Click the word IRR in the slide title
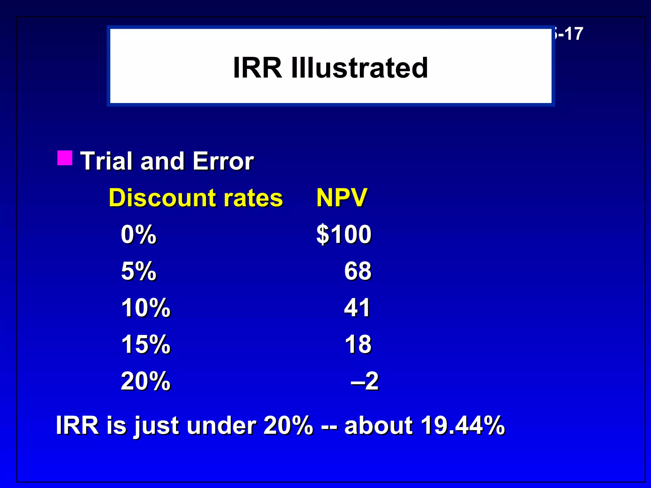257,68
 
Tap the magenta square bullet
65,158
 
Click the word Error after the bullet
223,161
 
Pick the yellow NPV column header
342,198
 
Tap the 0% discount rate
139,234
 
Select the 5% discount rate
139,271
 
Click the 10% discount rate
146,308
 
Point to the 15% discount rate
146,344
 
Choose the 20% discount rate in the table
146,381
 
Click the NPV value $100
344,234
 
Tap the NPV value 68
358,271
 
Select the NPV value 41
357,308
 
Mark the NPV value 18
358,344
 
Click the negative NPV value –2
365,381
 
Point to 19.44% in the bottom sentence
463,425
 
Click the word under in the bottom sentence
221,425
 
